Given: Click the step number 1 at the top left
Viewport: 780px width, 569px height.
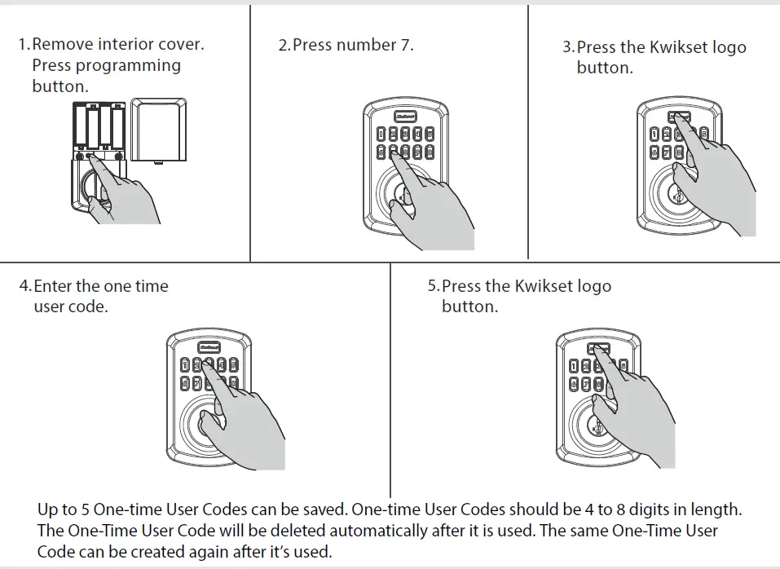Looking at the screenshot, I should tap(23, 44).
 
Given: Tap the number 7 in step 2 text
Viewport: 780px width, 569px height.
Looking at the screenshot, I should tap(405, 45).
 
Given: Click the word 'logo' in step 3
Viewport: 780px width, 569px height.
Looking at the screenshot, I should tap(728, 47).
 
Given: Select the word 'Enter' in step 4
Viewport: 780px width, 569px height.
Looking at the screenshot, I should tap(55, 286).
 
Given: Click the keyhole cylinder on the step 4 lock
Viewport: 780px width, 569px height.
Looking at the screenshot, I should tap(201, 422).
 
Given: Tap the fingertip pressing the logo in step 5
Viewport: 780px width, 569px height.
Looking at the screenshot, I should tap(599, 349).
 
